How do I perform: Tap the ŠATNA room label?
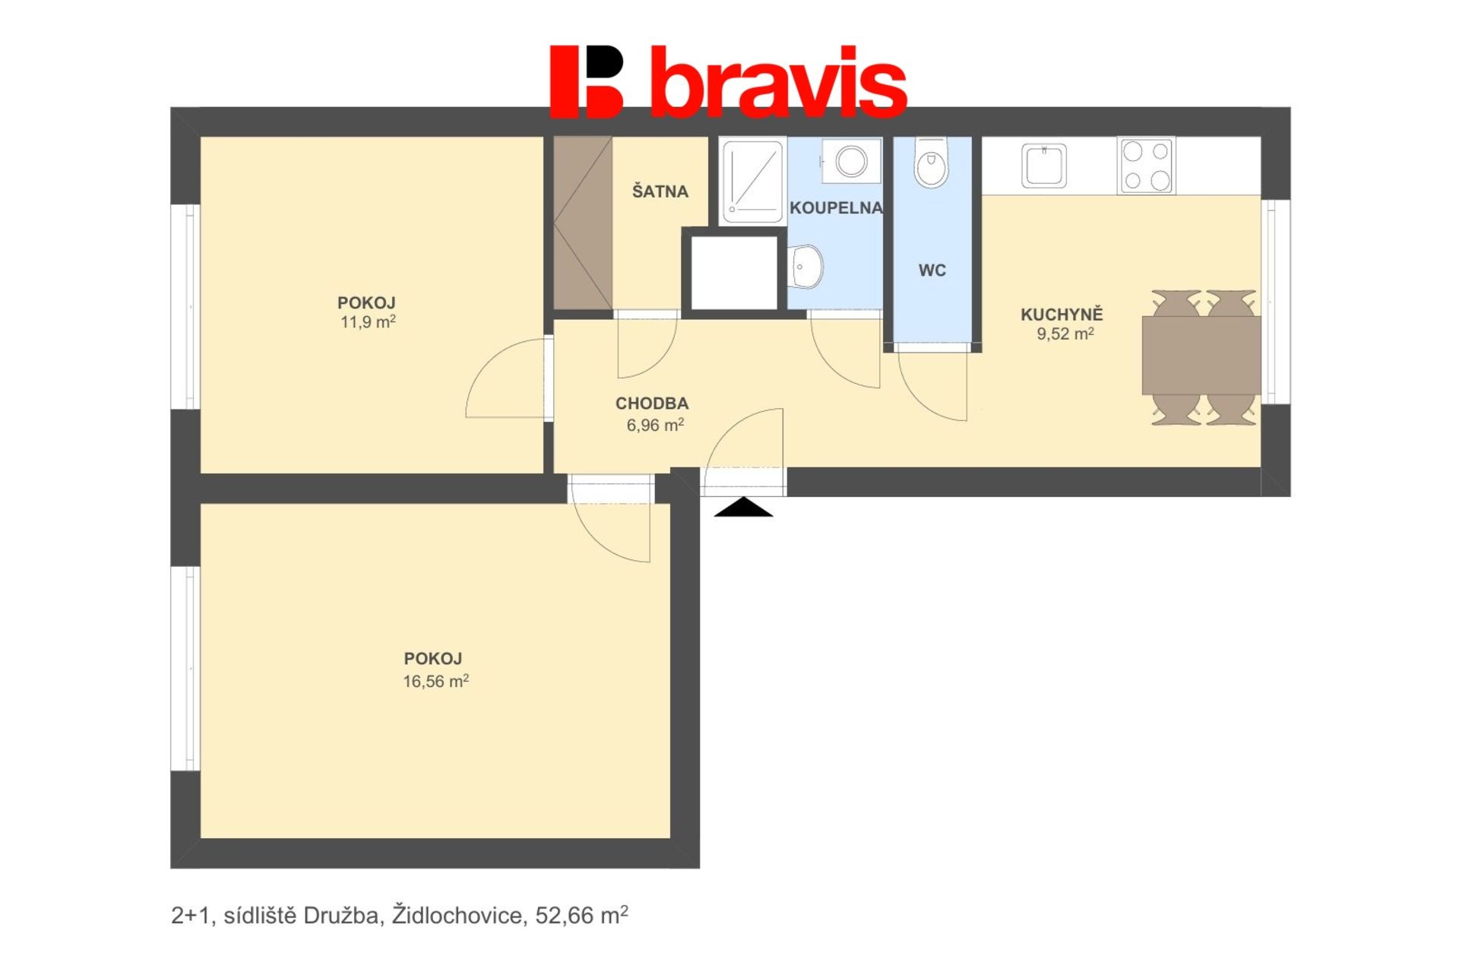[660, 191]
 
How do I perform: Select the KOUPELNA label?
[836, 207]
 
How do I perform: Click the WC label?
[932, 271]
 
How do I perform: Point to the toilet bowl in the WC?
[932, 163]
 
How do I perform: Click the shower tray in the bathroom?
[752, 181]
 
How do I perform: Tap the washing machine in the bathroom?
[851, 160]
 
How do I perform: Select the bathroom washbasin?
[805, 267]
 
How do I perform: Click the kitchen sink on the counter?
[1044, 166]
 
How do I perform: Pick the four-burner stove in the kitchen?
[1146, 165]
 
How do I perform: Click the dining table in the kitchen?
[1201, 355]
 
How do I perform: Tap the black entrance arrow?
[743, 508]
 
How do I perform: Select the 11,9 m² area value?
[368, 322]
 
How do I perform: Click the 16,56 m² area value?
[435, 681]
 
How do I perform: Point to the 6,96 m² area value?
[655, 425]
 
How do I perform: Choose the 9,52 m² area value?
[1065, 334]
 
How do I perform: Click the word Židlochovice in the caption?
[457, 916]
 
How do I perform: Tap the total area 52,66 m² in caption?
[581, 916]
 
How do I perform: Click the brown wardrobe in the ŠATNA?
[583, 223]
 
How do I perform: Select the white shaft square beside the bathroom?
[734, 273]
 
